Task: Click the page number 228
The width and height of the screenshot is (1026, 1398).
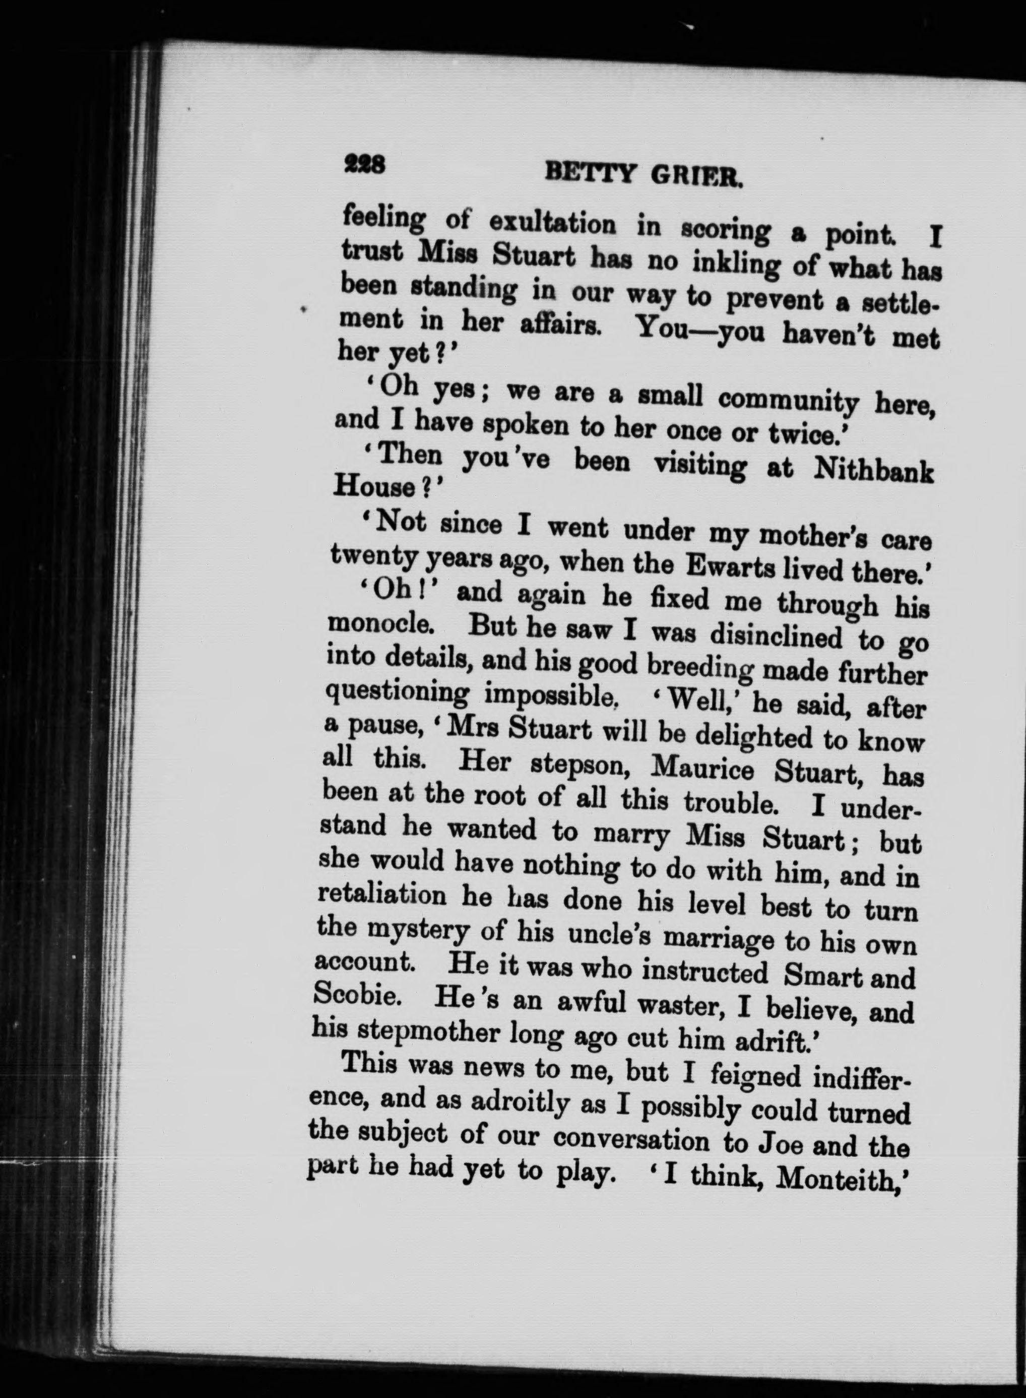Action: pyautogui.click(x=366, y=165)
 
